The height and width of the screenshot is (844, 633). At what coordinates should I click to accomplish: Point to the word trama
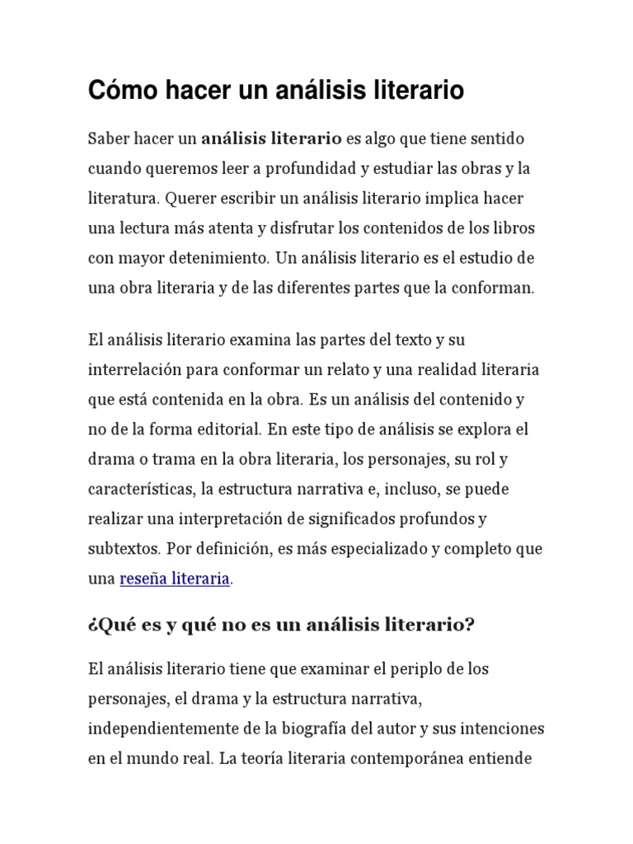pos(168,458)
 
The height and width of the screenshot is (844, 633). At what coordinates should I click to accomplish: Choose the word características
pos(141,489)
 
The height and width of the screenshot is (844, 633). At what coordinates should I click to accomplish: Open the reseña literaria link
pos(175,579)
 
